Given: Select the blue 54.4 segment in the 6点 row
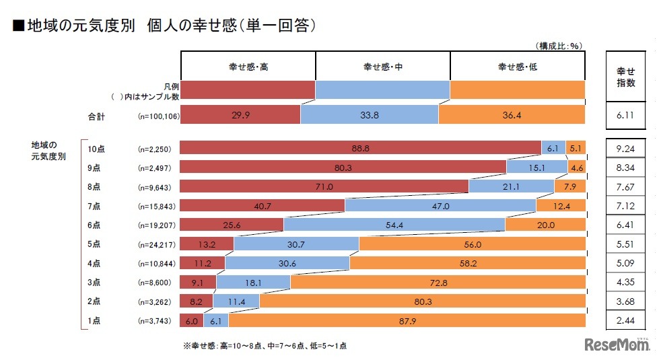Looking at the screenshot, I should [394, 224].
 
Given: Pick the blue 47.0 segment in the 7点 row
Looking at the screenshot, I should [440, 205].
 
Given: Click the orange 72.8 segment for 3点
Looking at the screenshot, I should [438, 282].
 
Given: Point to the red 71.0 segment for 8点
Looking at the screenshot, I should [324, 186].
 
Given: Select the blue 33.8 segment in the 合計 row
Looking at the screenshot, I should [370, 116].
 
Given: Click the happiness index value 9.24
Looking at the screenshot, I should [626, 147].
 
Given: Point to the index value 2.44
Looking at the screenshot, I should [626, 321].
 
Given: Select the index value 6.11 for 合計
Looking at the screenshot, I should [626, 116].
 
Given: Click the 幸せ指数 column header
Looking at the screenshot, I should [626, 76].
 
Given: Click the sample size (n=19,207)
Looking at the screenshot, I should [155, 224].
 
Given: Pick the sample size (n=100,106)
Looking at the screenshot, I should [158, 116].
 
